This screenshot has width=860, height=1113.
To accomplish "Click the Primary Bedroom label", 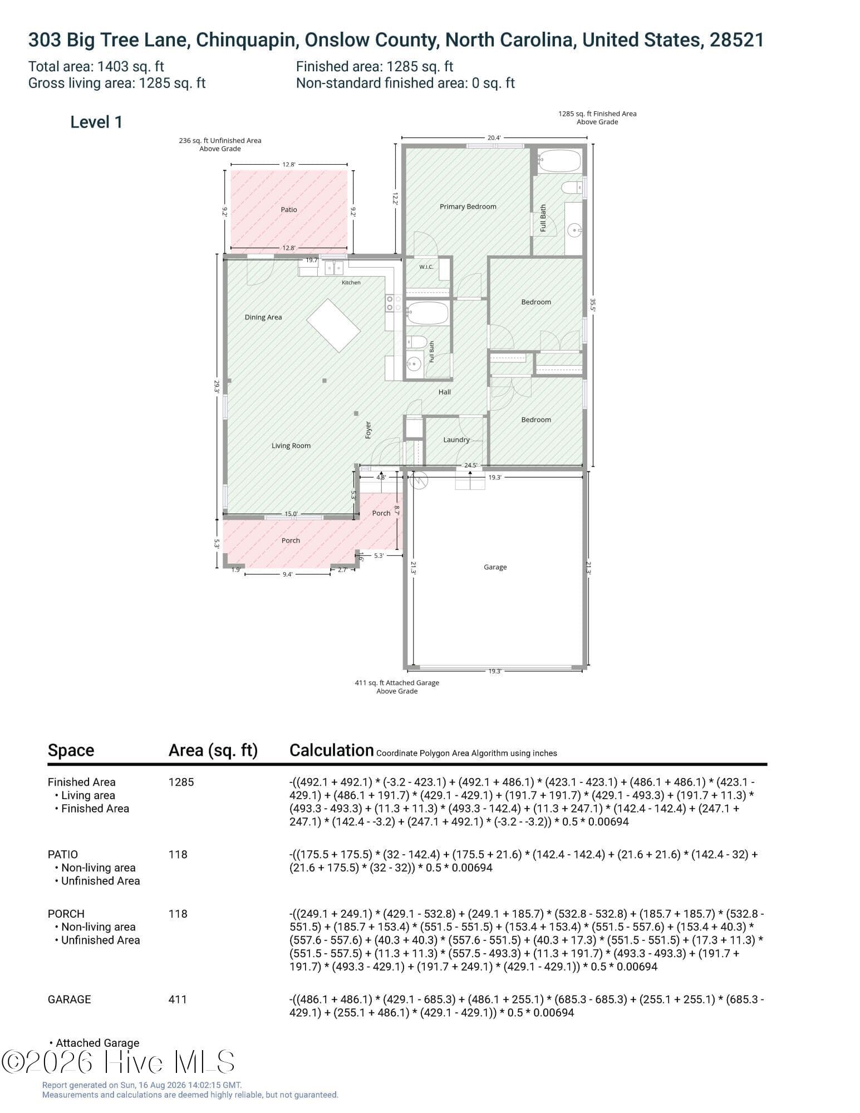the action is [468, 206].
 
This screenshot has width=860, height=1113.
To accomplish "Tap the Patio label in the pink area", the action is [289, 210].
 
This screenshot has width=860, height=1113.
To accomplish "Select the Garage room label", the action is [495, 567].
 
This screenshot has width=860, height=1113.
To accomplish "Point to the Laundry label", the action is [456, 440].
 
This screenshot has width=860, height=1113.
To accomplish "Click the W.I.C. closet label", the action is [426, 267].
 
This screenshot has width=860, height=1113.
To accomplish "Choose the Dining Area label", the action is [263, 317].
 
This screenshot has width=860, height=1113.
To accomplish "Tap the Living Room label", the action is [291, 446].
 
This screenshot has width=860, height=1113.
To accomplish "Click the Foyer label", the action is [368, 430].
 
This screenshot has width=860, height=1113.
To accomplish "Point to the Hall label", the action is [445, 392].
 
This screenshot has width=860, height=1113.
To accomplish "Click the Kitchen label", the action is [351, 283].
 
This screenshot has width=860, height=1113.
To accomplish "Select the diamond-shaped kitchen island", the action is [333, 326].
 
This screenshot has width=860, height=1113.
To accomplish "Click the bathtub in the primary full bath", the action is [560, 161].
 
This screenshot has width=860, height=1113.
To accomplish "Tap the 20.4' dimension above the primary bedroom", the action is [494, 138].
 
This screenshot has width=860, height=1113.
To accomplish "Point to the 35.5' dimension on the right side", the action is [593, 305].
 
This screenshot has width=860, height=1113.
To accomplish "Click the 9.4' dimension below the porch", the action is [287, 574].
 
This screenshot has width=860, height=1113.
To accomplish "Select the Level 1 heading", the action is [96, 122].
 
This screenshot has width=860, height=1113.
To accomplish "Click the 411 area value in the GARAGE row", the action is [178, 999].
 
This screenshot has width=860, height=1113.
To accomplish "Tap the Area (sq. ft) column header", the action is [213, 751].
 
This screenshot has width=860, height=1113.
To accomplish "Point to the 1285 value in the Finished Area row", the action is [181, 782].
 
